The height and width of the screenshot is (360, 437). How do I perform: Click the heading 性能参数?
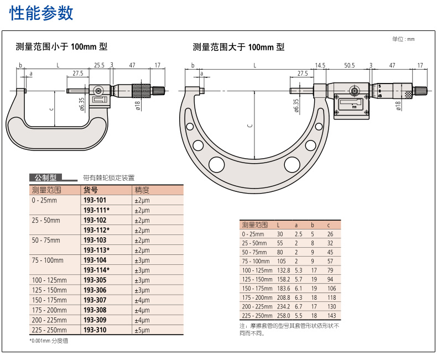(41, 13)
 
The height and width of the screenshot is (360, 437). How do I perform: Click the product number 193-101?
(95, 200)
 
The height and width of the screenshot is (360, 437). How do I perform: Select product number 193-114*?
(96, 270)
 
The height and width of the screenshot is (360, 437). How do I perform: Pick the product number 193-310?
(95, 330)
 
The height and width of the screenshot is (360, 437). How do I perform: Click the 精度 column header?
(141, 190)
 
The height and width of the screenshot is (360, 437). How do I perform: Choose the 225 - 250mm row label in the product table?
(49, 330)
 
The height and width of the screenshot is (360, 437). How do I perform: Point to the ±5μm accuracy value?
(142, 330)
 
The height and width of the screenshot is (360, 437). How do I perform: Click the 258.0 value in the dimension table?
(283, 315)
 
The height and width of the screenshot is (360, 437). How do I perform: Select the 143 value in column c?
(331, 315)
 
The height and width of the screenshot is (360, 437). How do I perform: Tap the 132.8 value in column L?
(283, 270)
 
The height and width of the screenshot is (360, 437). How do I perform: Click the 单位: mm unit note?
(403, 39)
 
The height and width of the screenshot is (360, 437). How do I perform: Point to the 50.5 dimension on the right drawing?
(349, 65)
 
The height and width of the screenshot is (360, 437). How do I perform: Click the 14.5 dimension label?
(320, 65)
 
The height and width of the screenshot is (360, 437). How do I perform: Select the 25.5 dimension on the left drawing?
(99, 65)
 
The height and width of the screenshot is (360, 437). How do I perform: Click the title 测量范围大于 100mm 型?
(238, 48)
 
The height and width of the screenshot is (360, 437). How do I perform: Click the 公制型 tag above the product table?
(46, 178)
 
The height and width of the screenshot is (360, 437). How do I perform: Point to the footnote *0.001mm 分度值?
(49, 341)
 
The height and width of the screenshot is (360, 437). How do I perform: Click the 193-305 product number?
(95, 280)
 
